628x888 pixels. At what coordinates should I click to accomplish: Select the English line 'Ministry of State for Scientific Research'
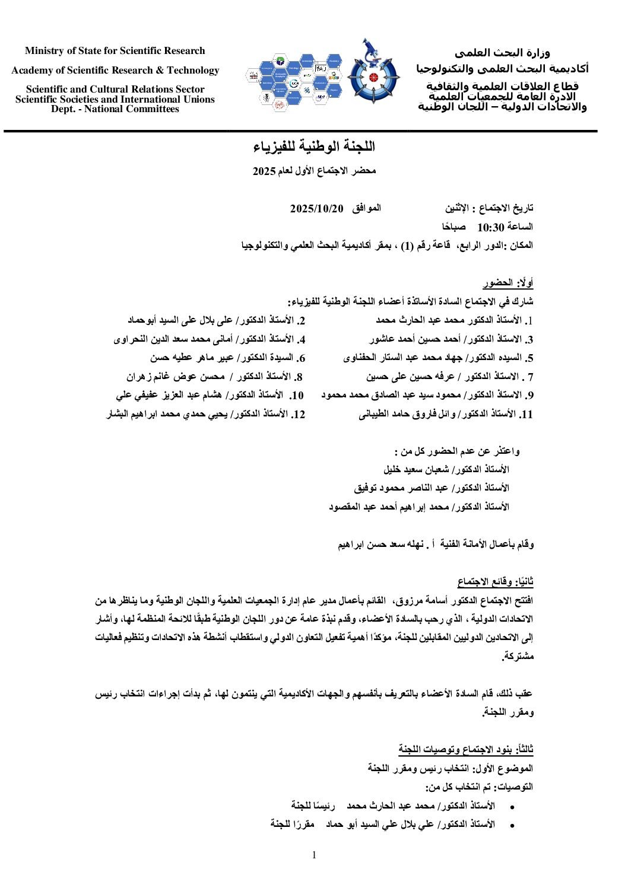tap(115, 51)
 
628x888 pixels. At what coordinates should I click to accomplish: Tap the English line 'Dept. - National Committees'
tap(115, 109)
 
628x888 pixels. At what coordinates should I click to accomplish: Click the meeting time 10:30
tap(490, 227)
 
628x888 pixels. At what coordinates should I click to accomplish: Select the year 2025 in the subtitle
tap(265, 171)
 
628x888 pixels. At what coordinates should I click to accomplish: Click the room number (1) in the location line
tap(406, 245)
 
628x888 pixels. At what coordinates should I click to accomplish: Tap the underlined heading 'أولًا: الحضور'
tap(508, 283)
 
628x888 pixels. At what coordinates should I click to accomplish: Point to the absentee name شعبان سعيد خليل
tap(416, 469)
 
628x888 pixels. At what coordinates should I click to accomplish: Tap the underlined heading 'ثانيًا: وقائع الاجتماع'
tap(495, 581)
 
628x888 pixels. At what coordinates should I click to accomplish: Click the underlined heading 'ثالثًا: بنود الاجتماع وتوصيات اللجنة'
tap(466, 750)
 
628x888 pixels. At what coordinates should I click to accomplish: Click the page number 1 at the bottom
tap(314, 855)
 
